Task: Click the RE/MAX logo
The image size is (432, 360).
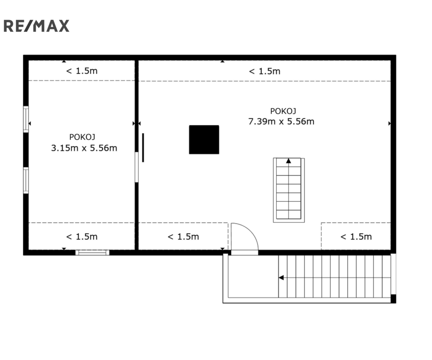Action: point(36,26)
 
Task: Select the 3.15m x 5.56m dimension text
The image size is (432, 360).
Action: point(84,148)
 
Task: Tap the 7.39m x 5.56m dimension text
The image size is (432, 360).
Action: point(281,121)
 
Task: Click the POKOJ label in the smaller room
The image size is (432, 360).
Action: point(82,137)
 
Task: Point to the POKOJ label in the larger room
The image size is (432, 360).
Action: point(283,111)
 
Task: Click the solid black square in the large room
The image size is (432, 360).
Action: point(204,140)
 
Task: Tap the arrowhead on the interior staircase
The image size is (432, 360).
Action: point(288,161)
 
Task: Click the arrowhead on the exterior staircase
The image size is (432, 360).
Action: point(281,277)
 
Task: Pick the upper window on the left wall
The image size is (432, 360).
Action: point(26,119)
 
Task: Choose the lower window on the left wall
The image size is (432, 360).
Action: point(26,180)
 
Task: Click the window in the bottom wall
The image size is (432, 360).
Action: point(92,252)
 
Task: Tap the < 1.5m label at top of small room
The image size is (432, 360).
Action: point(82,71)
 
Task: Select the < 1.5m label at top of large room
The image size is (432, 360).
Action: point(265,71)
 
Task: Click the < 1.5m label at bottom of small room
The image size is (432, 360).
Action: point(82,236)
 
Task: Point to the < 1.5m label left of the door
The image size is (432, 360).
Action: point(183,236)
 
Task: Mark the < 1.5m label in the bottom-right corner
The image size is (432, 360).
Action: point(356,236)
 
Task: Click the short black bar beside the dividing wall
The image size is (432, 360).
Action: point(143,148)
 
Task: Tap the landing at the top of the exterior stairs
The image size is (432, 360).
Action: point(253,276)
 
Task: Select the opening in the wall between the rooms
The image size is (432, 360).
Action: point(136,167)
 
